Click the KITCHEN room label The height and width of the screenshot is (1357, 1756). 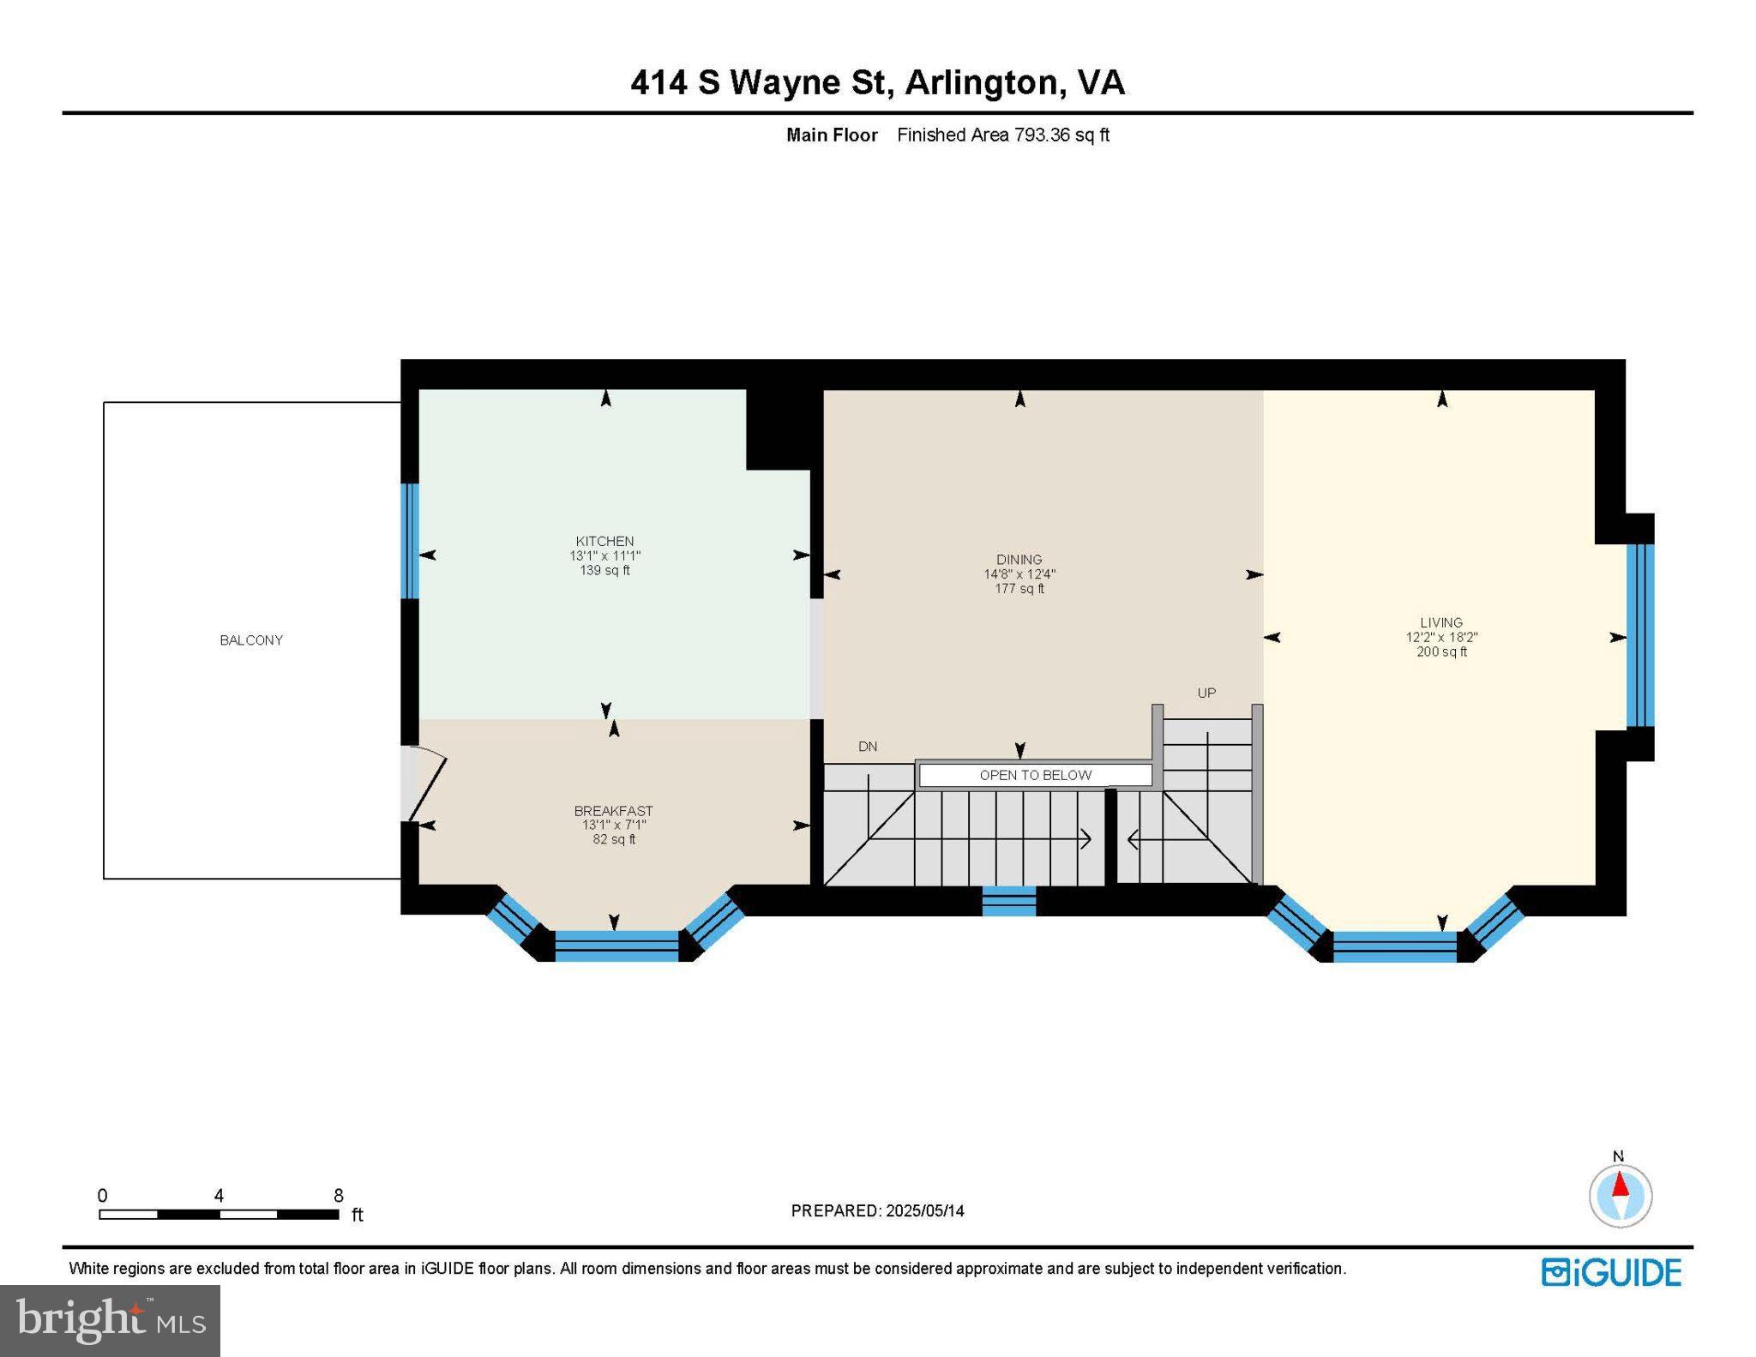(604, 541)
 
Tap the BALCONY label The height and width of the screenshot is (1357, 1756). (250, 640)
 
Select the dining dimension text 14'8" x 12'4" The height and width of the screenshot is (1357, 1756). (1019, 574)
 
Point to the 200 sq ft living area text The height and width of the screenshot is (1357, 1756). (1441, 651)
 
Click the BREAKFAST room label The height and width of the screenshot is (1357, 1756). (613, 811)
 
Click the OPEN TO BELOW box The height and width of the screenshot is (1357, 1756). (1035, 775)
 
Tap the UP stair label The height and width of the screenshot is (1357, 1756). (1206, 693)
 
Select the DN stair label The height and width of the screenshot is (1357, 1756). (868, 747)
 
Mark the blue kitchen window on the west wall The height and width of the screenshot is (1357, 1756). (411, 541)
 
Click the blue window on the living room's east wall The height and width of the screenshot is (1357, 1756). (1639, 635)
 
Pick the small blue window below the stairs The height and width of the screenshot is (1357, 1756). (1008, 901)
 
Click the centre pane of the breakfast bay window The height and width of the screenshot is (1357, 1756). (616, 946)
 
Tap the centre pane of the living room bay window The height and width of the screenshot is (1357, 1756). (1394, 946)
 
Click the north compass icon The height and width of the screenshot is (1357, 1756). (1620, 1195)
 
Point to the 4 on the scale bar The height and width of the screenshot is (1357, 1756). (219, 1196)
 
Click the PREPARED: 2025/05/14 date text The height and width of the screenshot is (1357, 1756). (877, 1210)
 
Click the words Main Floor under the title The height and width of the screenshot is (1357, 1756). (832, 135)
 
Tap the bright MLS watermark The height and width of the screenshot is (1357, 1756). (110, 1320)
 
